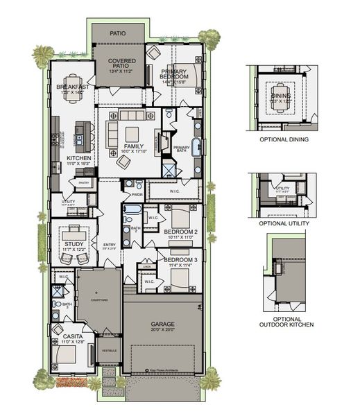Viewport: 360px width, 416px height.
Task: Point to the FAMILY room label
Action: click(133, 146)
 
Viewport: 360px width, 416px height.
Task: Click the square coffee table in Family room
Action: click(130, 133)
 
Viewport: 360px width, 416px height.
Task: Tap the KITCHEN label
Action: click(78, 158)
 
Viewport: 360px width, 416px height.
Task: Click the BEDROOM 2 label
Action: click(181, 231)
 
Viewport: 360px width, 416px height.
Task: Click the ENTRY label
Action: click(110, 244)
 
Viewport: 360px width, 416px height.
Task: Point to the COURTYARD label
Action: click(98, 300)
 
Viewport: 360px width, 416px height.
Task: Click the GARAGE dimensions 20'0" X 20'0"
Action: click(162, 331)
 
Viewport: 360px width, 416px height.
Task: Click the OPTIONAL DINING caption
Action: click(284, 139)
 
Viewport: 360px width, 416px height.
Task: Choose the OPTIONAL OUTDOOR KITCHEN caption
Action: click(286, 320)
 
